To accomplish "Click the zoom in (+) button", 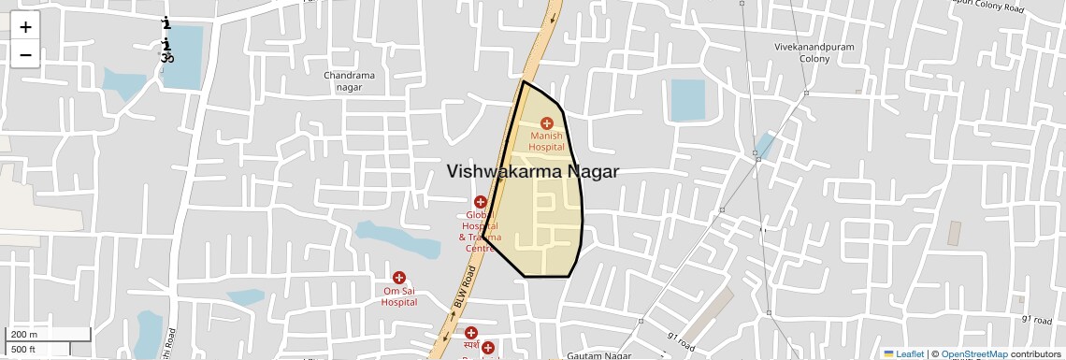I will click(x=25, y=26).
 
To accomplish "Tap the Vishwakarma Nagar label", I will click(x=532, y=171).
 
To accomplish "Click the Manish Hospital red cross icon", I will click(x=547, y=122).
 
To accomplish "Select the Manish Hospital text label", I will click(x=547, y=141).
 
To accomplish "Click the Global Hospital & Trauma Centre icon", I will click(x=481, y=202).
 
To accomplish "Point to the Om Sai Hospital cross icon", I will click(x=399, y=278).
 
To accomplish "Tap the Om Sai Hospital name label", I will click(x=399, y=296).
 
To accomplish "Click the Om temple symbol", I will click(x=167, y=58).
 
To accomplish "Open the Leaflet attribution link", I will click(x=903, y=353).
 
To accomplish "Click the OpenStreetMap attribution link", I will click(x=973, y=353).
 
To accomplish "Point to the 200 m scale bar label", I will click(x=24, y=335).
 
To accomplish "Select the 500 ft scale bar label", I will click(x=24, y=349).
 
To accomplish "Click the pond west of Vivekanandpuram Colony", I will click(x=687, y=100).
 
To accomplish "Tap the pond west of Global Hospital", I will click(x=397, y=241).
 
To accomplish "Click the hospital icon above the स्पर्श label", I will click(x=471, y=333).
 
